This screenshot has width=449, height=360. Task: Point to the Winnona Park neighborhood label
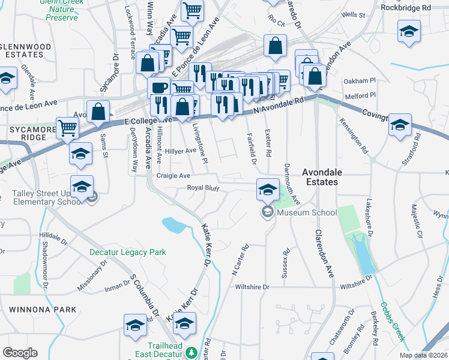[x=43, y=310]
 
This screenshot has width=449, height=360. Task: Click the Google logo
[x=20, y=352]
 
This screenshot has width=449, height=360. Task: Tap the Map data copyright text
[x=423, y=355]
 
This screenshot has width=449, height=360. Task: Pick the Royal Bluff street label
[x=202, y=188]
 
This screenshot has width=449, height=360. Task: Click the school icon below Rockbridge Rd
[x=409, y=32]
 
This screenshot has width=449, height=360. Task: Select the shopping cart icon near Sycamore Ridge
[x=68, y=127]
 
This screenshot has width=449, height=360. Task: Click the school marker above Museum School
[x=268, y=190]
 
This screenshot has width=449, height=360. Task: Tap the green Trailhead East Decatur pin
[x=191, y=353]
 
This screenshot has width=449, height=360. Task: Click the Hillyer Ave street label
[x=181, y=151]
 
